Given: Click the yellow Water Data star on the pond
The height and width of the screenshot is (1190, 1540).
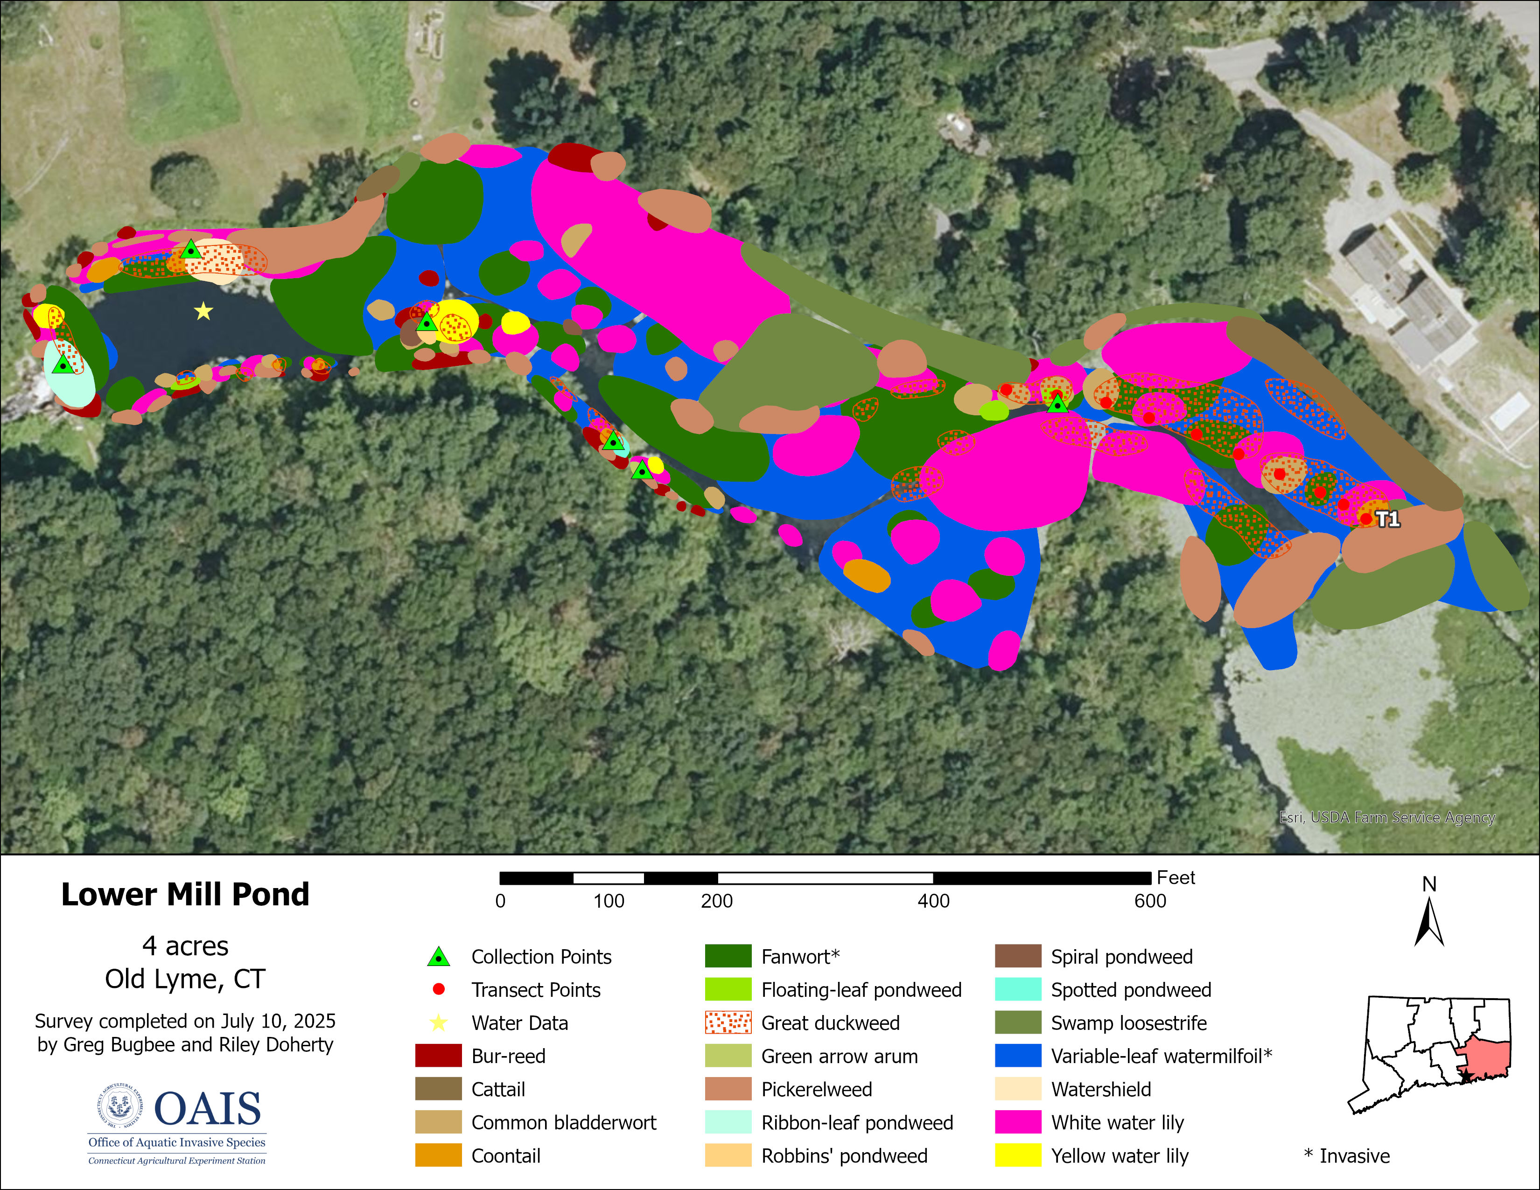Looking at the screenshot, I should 203,311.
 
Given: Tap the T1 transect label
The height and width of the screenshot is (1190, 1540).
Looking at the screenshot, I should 1388,519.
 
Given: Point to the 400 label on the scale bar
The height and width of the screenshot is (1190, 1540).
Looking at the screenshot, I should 933,901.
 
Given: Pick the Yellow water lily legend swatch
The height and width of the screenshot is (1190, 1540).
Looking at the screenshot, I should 1017,1155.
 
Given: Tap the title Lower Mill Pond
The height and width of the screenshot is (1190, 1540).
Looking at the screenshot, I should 185,894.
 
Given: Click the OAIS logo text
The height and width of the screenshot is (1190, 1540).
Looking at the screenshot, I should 207,1108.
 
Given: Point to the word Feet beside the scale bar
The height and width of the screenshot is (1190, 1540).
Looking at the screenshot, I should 1176,878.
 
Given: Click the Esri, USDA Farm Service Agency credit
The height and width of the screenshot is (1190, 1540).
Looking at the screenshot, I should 1386,817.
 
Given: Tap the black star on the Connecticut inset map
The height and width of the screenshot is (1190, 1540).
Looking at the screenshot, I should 1464,1077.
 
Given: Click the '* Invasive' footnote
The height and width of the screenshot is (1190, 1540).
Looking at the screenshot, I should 1347,1155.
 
